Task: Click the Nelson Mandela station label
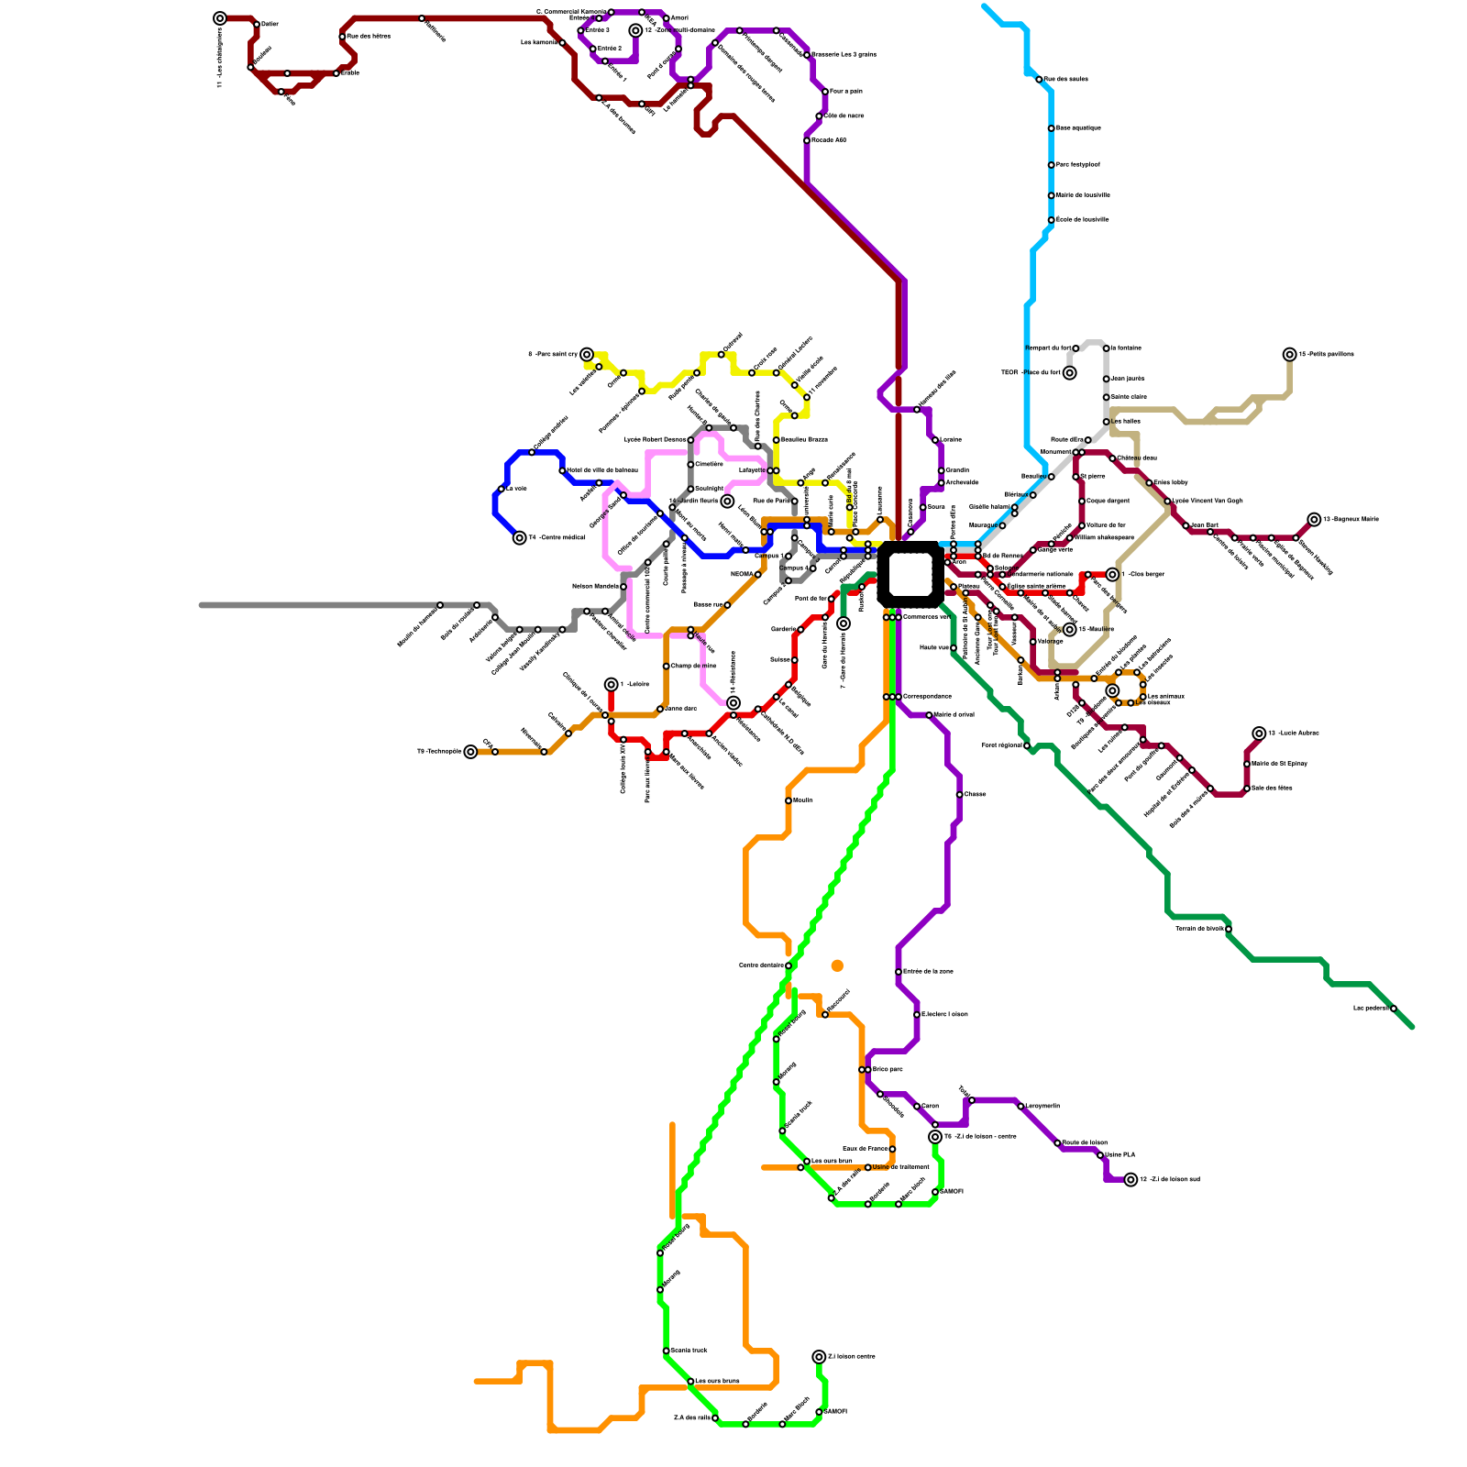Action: (595, 586)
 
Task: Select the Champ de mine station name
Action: (693, 666)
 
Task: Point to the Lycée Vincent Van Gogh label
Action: (1208, 501)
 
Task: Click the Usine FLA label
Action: (1120, 1154)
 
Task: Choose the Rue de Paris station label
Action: (771, 501)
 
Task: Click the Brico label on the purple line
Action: (887, 1069)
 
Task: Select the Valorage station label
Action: (1051, 641)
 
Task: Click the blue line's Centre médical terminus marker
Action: (520, 538)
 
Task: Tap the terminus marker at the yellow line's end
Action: (587, 355)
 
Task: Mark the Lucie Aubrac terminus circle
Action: (1260, 733)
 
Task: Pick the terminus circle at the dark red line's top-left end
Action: (220, 18)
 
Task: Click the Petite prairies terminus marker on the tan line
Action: (1290, 355)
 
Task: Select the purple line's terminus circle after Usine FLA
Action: (1131, 1180)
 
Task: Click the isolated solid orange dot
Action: (837, 965)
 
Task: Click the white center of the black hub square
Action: (910, 574)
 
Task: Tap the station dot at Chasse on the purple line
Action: (959, 795)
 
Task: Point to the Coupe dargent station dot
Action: (1082, 502)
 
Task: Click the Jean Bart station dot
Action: (1186, 526)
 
